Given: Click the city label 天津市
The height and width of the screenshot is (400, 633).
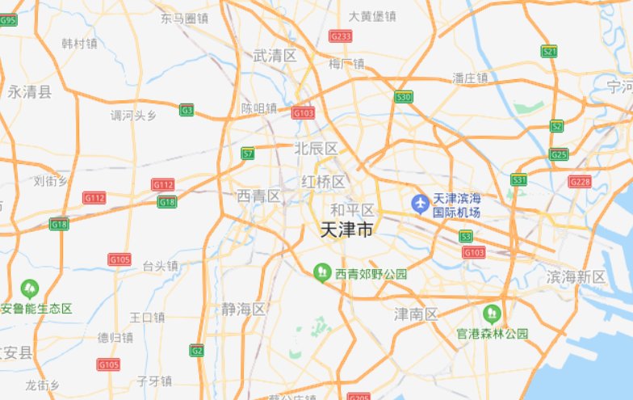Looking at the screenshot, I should click(347, 230).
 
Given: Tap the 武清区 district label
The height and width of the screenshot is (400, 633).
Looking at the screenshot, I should click(275, 56).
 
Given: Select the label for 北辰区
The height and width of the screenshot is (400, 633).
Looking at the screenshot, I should click(316, 149).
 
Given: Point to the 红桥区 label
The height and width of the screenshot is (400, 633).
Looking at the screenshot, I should click(322, 182).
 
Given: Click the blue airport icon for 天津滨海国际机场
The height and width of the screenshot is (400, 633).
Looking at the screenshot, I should click(420, 204).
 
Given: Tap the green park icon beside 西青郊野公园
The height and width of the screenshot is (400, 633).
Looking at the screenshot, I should click(322, 273).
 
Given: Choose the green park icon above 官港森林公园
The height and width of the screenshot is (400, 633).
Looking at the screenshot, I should click(490, 313).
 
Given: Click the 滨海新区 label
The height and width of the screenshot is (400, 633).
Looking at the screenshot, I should click(576, 277).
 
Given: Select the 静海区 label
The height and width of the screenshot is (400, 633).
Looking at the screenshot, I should click(243, 309).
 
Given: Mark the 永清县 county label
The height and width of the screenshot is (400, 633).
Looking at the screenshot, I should click(30, 92).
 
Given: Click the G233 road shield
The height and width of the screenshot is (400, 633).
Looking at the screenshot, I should click(341, 36).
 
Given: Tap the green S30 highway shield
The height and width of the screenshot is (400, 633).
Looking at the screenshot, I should click(405, 97).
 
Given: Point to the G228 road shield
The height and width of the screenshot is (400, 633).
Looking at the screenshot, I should click(580, 182).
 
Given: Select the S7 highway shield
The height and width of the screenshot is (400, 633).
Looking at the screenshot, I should click(248, 153).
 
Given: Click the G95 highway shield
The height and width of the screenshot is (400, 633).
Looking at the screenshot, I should click(8, 20).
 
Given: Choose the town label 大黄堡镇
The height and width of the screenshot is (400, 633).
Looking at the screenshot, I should click(372, 16).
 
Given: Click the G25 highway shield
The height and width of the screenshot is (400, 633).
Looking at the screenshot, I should click(559, 154).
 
